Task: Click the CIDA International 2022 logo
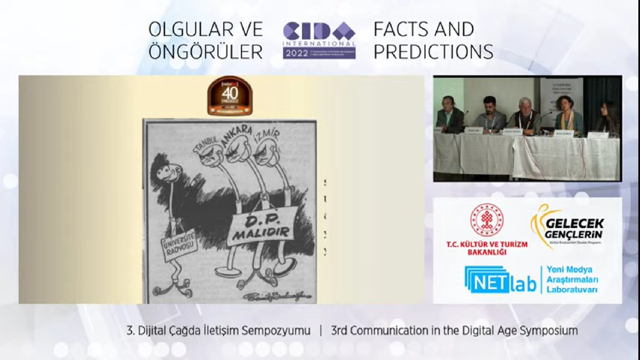319,40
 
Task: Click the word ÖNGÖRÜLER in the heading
205,51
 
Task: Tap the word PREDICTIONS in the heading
433,51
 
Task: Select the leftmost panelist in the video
450,114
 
